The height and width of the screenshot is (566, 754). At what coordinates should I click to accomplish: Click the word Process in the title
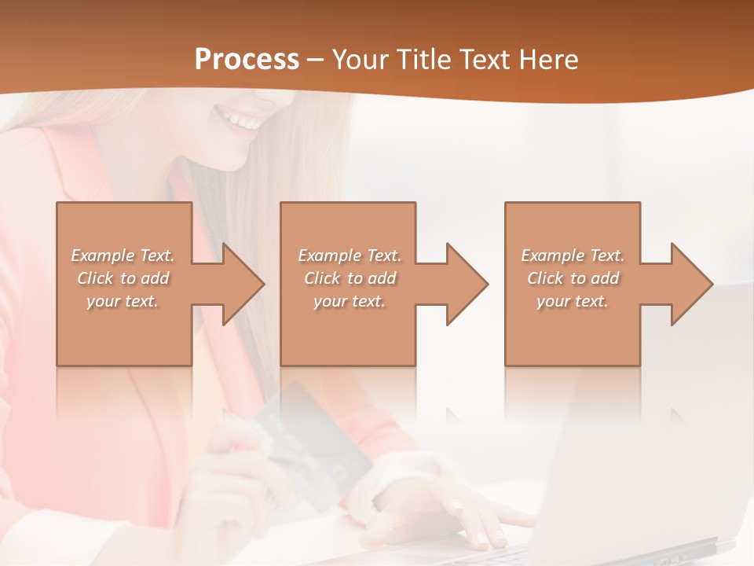[x=247, y=60]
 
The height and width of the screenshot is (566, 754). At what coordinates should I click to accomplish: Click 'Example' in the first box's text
[x=103, y=255]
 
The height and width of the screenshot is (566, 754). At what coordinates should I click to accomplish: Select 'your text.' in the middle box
[x=349, y=301]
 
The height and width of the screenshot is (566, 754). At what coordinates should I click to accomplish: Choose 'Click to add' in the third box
[x=573, y=278]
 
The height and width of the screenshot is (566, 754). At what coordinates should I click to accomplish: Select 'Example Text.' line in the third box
[x=573, y=255]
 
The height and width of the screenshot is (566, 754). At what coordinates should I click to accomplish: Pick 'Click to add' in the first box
[x=123, y=278]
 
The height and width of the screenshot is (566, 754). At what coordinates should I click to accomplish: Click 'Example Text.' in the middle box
[x=349, y=255]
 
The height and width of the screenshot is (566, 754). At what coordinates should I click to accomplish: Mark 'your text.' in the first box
[x=123, y=301]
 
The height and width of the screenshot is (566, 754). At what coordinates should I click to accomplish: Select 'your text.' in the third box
[x=573, y=301]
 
